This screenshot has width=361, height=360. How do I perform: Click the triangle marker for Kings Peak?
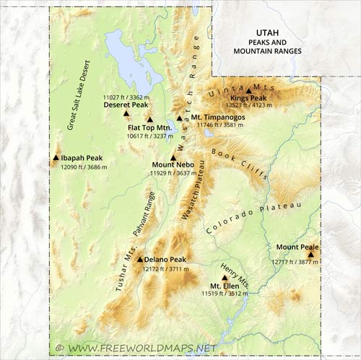tap(249, 91)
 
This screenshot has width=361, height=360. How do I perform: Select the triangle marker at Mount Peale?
tap(311, 254)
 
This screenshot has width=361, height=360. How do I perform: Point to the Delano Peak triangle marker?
tap(140, 259)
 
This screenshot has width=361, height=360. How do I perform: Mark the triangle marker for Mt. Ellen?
tap(222, 276)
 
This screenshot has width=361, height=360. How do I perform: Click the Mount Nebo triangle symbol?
tap(173, 157)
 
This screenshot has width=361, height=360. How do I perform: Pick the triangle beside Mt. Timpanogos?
tap(180, 118)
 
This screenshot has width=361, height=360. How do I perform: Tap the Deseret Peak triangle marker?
tap(126, 113)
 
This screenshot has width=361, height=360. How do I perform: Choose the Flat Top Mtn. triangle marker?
tap(150, 120)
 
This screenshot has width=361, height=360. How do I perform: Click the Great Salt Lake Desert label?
tap(81, 94)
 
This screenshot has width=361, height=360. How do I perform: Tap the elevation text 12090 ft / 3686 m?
tap(83, 167)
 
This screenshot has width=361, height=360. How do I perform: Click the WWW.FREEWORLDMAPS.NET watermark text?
tap(136, 348)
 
